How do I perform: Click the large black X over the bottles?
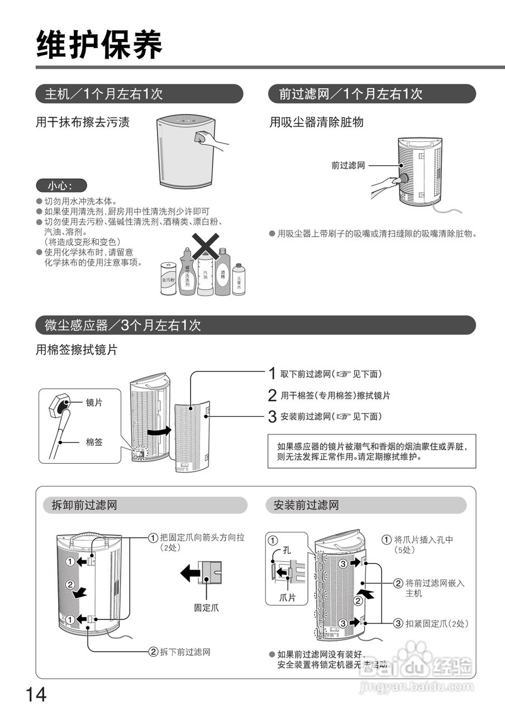(204, 246)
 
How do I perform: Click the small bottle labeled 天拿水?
(239, 279)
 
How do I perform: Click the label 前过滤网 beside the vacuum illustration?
(347, 165)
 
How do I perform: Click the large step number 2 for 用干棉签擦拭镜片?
(272, 395)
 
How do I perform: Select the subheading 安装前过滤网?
(306, 506)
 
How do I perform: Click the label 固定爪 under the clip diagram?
(207, 608)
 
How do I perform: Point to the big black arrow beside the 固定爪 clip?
(189, 573)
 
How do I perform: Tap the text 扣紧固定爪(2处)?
(436, 623)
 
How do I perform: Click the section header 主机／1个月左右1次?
(104, 94)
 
